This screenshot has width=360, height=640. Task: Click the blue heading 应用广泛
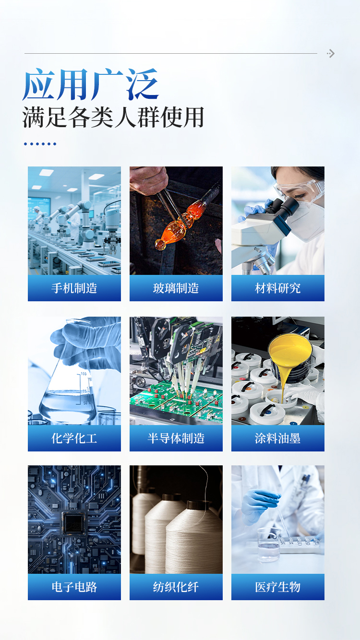91,84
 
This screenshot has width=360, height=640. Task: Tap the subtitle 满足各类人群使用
113,117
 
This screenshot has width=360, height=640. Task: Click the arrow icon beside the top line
331,53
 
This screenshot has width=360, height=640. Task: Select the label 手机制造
74,288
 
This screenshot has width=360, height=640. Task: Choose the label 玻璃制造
176,288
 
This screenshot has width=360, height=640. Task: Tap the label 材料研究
277,288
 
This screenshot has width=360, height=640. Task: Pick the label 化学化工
74,439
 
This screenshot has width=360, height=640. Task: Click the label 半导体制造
176,439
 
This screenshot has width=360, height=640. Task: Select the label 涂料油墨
277,439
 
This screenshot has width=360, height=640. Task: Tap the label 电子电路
74,587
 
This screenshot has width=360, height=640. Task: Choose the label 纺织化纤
176,587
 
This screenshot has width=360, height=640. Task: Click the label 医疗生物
277,587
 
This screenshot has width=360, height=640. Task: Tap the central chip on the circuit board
74,523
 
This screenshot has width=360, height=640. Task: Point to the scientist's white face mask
307,220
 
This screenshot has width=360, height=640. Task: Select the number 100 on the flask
84,374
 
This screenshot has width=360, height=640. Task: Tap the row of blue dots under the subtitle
40,144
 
